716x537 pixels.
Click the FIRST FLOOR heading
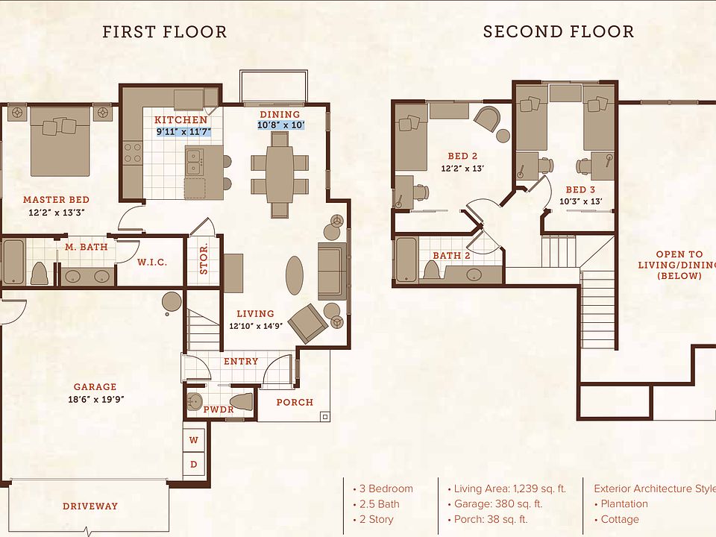click(164, 32)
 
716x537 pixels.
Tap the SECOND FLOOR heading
click(559, 31)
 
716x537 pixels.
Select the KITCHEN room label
click(180, 119)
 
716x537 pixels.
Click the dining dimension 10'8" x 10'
click(281, 125)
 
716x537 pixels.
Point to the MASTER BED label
click(56, 200)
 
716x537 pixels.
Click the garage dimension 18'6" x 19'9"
click(96, 400)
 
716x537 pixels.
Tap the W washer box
click(194, 440)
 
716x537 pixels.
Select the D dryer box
click(194, 464)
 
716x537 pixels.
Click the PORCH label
click(295, 402)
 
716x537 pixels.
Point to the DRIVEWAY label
click(90, 506)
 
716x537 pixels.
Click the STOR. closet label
click(204, 259)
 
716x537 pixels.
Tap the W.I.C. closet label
click(152, 262)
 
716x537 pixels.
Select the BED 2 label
click(462, 156)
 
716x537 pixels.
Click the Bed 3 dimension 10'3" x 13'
click(580, 201)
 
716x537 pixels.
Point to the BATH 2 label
click(451, 256)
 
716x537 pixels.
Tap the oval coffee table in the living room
click(295, 275)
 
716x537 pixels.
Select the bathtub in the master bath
click(13, 262)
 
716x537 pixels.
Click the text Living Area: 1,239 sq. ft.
click(509, 489)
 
